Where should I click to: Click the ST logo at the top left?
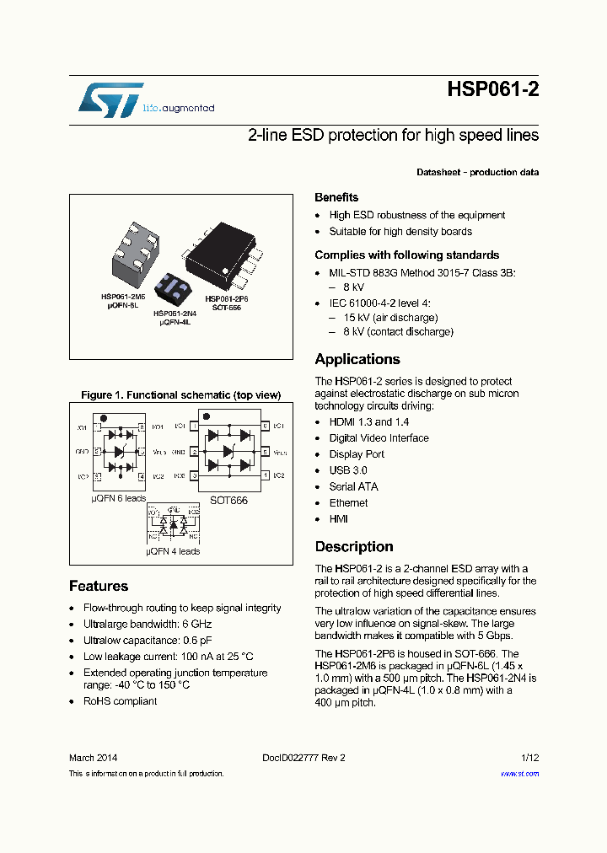[110, 100]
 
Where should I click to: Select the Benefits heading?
[336, 197]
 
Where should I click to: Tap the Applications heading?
[357, 359]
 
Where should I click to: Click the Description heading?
[354, 546]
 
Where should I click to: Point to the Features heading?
[99, 586]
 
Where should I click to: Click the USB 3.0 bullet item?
[347, 470]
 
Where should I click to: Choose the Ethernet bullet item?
[348, 503]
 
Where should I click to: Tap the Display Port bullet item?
[357, 454]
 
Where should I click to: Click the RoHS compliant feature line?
[120, 701]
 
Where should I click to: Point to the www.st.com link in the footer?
[519, 774]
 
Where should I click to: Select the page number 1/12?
[529, 758]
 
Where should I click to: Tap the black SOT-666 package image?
[223, 250]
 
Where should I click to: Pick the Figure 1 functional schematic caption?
[180, 394]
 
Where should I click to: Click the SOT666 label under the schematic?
[229, 500]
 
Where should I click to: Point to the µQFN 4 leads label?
[173, 551]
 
